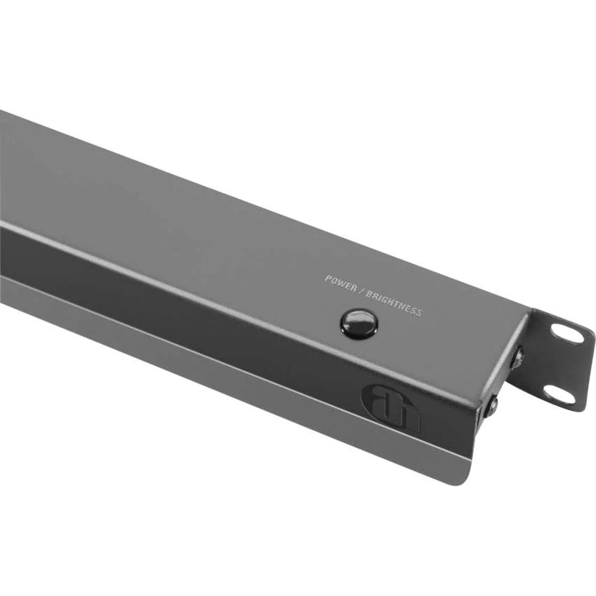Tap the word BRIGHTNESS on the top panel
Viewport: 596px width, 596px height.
point(394,303)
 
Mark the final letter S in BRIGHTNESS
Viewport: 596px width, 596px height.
point(419,312)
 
